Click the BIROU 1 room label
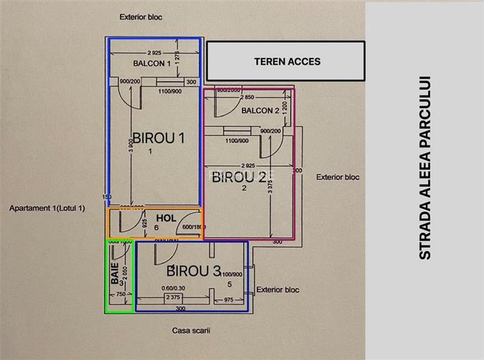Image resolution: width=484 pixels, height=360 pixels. [158, 137]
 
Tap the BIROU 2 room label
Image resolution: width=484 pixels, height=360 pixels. [239, 177]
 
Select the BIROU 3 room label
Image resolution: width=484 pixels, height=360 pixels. [194, 270]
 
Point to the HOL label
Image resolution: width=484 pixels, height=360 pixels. [166, 217]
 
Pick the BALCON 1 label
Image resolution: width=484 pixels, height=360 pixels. [152, 63]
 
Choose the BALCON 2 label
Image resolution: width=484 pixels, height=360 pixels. [260, 111]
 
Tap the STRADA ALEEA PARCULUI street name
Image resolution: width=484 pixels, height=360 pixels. [425, 168]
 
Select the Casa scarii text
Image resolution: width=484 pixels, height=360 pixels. [191, 331]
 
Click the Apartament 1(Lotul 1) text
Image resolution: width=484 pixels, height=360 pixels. [47, 208]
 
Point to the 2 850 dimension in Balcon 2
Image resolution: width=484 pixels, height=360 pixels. [246, 97]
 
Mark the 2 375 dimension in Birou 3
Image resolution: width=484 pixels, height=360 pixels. [173, 297]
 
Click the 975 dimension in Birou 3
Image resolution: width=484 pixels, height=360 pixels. [228, 299]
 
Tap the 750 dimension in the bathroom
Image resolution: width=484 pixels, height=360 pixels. [120, 295]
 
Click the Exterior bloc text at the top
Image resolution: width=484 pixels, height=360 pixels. [141, 17]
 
